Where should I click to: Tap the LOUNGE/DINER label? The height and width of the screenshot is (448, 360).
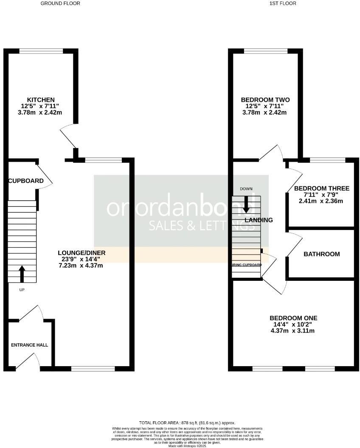[82, 253]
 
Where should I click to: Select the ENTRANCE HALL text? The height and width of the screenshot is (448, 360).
[29, 345]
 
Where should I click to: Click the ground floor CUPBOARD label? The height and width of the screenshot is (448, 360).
[26, 181]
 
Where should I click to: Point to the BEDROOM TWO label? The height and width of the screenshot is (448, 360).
[265, 100]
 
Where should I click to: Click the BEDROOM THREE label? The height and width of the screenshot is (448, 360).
[321, 188]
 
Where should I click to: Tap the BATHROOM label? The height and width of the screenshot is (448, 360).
[321, 254]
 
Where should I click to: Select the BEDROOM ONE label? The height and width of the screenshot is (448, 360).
[293, 318]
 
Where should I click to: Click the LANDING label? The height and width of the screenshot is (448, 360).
[259, 220]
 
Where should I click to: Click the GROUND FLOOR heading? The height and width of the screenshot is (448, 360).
[60, 3]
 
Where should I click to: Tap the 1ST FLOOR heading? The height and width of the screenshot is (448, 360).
[283, 3]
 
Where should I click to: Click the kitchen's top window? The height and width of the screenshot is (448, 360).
[41, 51]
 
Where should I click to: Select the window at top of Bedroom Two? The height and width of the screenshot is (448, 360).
[266, 51]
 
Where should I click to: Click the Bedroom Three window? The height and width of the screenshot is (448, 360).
[327, 160]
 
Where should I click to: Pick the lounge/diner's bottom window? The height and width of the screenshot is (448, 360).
[93, 368]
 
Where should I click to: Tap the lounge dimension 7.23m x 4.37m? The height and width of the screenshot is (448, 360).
[82, 266]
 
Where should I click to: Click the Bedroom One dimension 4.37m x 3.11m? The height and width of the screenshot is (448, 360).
[293, 330]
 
